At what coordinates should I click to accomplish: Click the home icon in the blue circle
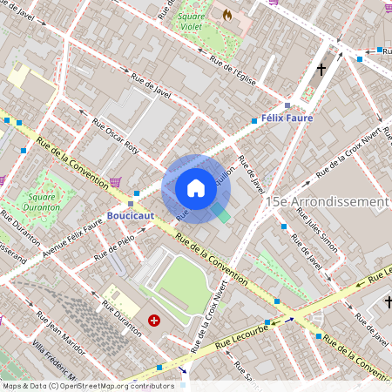195,188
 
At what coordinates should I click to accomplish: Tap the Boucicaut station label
130,213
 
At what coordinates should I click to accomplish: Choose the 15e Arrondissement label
328,201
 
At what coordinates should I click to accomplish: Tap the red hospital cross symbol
154,321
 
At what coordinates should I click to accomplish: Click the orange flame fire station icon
227,15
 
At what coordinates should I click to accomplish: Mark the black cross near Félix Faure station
321,69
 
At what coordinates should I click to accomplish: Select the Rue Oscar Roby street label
114,135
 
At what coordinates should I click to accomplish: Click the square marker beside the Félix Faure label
287,105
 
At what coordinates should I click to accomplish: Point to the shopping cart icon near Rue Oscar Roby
115,182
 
